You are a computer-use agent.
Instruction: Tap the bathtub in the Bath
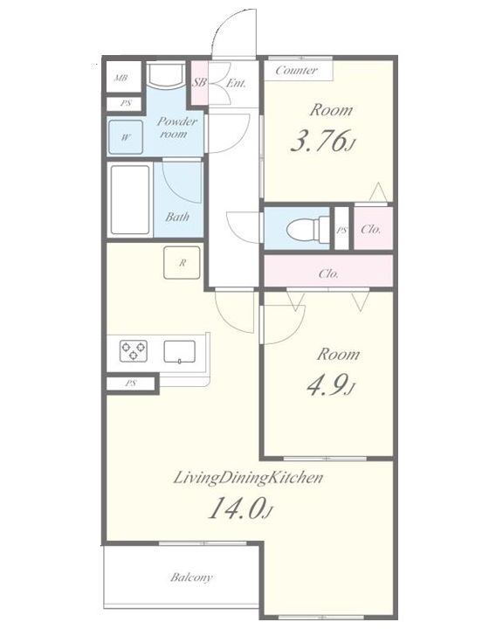130,199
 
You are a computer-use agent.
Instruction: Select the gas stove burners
134,350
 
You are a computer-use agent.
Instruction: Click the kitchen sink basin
180,351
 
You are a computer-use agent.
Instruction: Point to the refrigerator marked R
182,263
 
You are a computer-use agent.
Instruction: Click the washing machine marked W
126,137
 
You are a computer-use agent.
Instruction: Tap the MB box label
121,78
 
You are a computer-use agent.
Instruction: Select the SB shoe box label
199,83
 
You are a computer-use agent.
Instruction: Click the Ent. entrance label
236,84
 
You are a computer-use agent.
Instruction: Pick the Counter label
296,71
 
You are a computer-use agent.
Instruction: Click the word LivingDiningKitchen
248,478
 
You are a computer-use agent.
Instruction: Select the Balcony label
191,577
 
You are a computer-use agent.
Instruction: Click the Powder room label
176,128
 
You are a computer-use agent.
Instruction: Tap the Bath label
177,217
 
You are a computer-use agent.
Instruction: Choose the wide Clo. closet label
328,274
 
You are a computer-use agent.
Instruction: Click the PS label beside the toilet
341,231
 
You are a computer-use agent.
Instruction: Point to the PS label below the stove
130,384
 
